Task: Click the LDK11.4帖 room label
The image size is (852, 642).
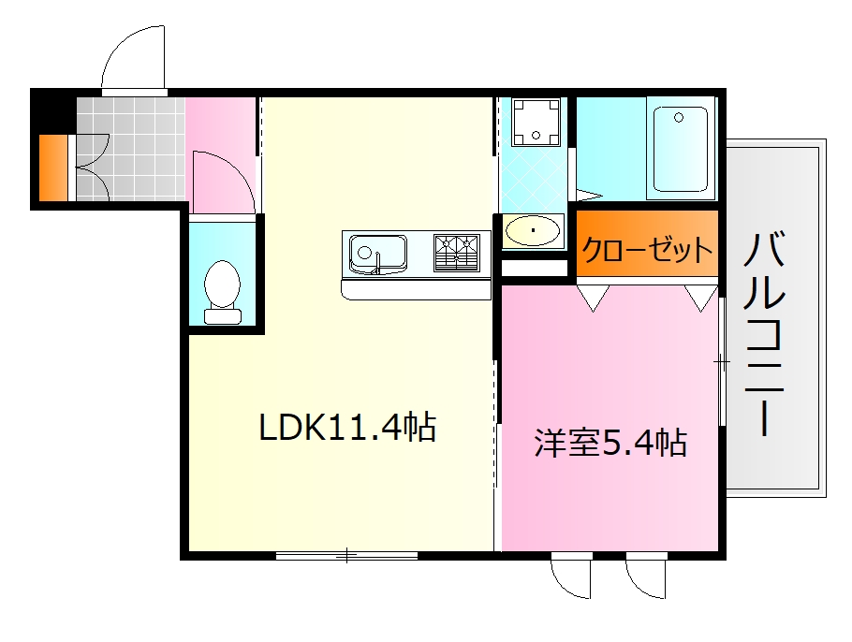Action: (x=347, y=428)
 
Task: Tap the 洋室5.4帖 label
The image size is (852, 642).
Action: (x=610, y=442)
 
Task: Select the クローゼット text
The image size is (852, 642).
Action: (x=647, y=251)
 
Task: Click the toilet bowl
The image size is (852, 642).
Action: (x=223, y=285)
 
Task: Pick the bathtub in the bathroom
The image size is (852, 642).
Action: (x=681, y=150)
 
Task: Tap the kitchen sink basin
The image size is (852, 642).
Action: (x=378, y=251)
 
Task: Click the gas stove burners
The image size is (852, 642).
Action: (x=457, y=251)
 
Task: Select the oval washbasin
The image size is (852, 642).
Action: (x=534, y=229)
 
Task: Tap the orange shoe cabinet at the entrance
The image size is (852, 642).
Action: (x=54, y=168)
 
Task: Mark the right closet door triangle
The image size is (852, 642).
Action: (x=700, y=296)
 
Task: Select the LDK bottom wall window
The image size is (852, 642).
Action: (x=346, y=556)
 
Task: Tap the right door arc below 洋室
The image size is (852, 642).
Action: (x=645, y=576)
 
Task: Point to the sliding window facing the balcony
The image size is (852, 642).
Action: (x=722, y=360)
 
